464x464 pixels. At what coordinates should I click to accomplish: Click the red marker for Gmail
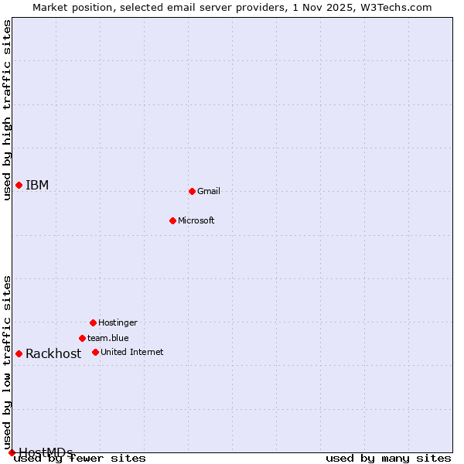pos(192,191)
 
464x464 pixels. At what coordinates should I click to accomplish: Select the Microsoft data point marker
pos(172,220)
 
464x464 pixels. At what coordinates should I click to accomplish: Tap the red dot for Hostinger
pos(93,322)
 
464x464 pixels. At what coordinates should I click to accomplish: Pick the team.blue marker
pos(82,338)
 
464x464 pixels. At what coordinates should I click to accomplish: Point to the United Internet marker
pos(95,352)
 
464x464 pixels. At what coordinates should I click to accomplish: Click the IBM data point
pos(19,185)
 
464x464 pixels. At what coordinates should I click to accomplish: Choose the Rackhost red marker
pos(19,353)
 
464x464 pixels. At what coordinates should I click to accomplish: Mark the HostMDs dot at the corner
pos(12,452)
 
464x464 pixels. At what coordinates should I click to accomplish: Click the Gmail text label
pos(209,191)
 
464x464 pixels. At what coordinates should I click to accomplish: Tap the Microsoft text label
pos(196,220)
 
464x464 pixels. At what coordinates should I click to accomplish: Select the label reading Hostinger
pos(118,322)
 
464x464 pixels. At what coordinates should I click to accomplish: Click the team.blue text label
pos(108,338)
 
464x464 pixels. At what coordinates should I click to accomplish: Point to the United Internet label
pos(132,352)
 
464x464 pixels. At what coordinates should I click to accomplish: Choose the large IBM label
pos(37,185)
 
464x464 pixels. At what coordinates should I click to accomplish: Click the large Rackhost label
pos(53,353)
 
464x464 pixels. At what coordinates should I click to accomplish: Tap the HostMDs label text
pos(46,452)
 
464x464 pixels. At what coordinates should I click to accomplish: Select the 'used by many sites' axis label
pos(388,458)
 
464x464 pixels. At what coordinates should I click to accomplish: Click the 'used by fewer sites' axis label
pos(80,458)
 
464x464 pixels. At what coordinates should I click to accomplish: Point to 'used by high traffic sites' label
pos(7,110)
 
